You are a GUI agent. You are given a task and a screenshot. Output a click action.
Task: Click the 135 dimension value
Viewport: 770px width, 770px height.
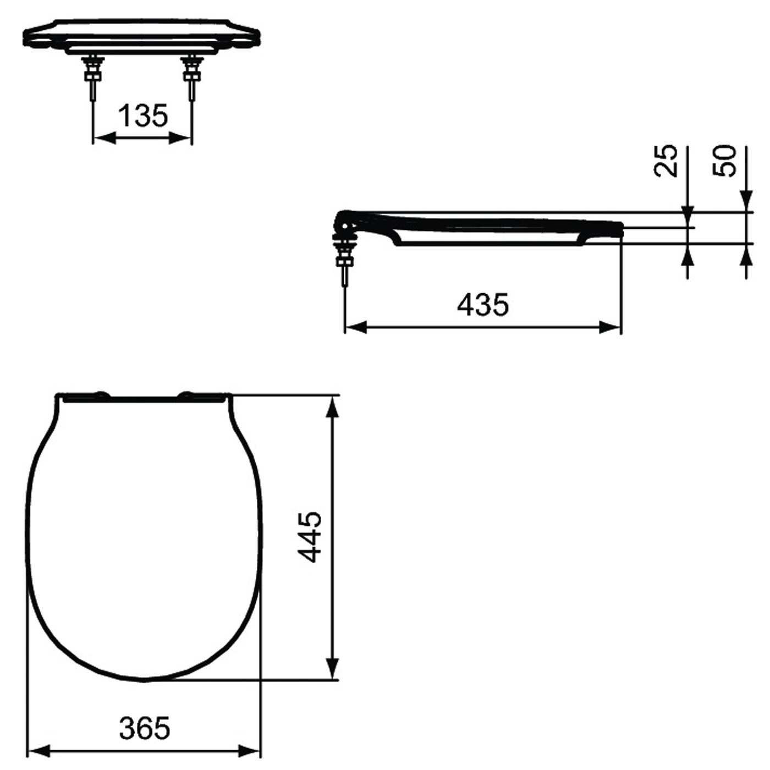pos(142,116)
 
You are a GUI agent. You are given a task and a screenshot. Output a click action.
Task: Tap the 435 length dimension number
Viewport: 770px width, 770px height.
pos(483,305)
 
